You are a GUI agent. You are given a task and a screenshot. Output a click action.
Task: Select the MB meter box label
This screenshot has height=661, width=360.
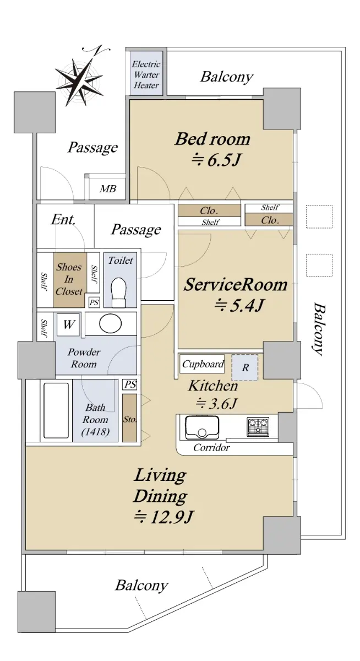[x=108, y=188]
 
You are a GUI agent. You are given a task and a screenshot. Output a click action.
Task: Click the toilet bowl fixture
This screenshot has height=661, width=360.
[x=118, y=292]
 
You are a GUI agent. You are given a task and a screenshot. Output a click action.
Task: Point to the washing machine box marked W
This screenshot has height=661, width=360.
[x=68, y=324]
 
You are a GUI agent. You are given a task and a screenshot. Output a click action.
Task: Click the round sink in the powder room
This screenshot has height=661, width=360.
[x=111, y=323]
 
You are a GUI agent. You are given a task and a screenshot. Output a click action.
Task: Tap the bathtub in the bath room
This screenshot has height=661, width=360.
[x=56, y=410]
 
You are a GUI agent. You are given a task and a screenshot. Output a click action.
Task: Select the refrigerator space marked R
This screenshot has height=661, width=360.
[x=245, y=367]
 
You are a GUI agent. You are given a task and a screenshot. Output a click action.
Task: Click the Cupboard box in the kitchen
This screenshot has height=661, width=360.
[x=202, y=364]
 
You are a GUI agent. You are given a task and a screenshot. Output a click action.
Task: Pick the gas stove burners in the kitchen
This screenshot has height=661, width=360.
[x=258, y=427]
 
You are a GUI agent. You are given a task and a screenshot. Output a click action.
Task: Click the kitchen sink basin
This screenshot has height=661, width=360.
[x=202, y=427]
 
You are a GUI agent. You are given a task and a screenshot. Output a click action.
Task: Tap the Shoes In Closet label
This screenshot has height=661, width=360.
[x=69, y=279]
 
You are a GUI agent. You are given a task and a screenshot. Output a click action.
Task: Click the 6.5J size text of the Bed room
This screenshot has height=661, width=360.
[x=216, y=160]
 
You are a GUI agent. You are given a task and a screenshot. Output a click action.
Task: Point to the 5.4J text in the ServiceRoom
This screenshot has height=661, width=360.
[x=238, y=305]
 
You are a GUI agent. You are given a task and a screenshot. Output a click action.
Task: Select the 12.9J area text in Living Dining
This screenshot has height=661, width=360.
[x=163, y=517]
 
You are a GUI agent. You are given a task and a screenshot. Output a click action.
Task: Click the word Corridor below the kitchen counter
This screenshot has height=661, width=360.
[x=211, y=448]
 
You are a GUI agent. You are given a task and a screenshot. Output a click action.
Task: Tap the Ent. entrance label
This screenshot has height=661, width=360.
[x=63, y=220]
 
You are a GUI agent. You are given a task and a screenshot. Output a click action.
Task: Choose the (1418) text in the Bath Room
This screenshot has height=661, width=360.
[x=95, y=432]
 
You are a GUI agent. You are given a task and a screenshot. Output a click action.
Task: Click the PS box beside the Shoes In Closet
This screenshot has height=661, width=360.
[x=94, y=302]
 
